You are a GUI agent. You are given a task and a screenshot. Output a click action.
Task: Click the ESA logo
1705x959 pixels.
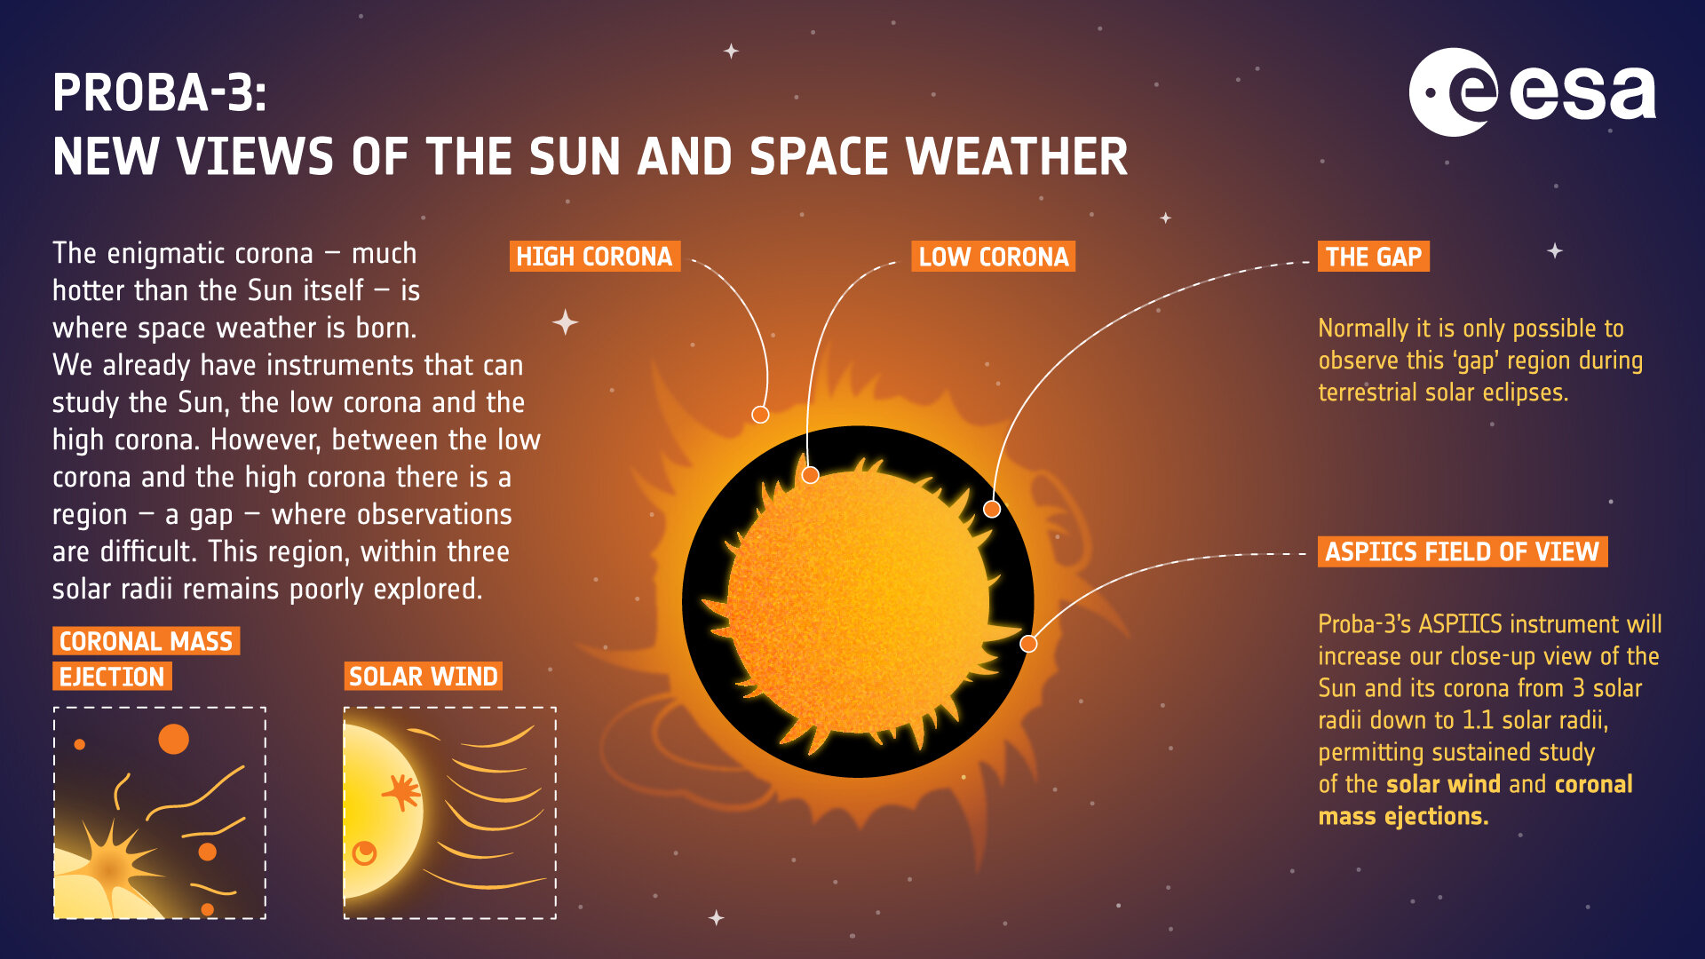tap(1532, 92)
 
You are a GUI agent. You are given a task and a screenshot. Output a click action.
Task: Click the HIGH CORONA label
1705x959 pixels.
tap(594, 257)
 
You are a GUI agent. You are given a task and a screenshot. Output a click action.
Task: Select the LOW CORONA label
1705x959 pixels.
tap(993, 257)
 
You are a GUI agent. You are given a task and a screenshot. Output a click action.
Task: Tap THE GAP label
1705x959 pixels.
tap(1373, 257)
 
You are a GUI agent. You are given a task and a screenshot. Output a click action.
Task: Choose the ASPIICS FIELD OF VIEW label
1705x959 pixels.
tap(1462, 551)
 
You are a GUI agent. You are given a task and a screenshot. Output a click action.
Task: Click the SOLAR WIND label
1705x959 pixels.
tap(423, 677)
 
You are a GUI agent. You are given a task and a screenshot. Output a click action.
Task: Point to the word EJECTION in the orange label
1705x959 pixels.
tap(112, 677)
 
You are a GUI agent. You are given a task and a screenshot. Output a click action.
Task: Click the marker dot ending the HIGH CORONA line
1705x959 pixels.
tap(760, 415)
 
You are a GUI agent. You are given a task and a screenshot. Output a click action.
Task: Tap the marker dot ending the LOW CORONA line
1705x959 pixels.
tap(810, 475)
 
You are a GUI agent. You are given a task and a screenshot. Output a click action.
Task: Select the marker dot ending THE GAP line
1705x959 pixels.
tap(992, 509)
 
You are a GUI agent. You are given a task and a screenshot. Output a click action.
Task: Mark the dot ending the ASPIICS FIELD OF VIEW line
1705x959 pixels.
tap(1028, 644)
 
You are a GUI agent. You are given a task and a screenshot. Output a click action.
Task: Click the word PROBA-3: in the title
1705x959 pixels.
tap(159, 92)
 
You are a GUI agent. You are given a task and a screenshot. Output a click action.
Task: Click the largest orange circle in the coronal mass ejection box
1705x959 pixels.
tap(173, 739)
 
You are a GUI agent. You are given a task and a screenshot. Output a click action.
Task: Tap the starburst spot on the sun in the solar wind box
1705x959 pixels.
tap(401, 791)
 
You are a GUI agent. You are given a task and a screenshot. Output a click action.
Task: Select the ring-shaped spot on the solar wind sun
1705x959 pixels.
tap(364, 853)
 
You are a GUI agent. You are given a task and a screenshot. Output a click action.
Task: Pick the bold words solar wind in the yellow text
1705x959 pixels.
tap(1443, 784)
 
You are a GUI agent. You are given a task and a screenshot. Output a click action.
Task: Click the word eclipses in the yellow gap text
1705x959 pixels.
tap(1526, 392)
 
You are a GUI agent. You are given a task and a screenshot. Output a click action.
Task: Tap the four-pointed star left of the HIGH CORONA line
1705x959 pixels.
tap(565, 321)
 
